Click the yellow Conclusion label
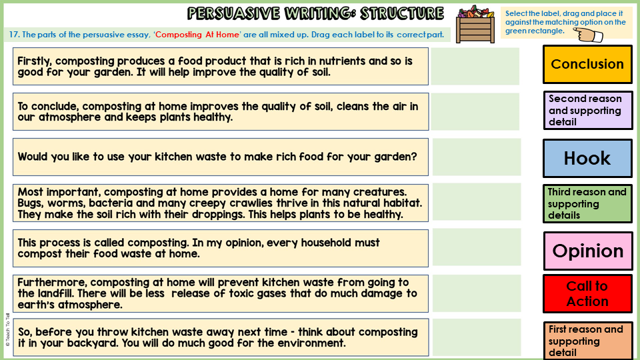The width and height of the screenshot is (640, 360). coord(587,64)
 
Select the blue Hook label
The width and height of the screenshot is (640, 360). coord(587,158)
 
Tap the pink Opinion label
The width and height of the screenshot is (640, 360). coord(587,251)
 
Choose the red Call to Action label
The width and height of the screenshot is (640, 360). coord(587,293)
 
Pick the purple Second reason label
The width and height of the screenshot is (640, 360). coord(587,110)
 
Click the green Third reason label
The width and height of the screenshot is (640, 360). coord(587,203)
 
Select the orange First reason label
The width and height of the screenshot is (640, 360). coord(587,341)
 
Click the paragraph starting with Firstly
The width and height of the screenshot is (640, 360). coord(220,66)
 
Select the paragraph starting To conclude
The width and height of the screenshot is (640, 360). coord(220,111)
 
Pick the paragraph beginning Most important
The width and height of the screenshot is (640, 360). coord(220,203)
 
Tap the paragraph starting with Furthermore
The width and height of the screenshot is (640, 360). coord(220,293)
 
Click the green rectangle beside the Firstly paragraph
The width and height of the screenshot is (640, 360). coord(475,66)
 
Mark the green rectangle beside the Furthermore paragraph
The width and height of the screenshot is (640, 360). coord(476,293)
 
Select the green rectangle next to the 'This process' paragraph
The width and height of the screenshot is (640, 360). coord(476,247)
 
